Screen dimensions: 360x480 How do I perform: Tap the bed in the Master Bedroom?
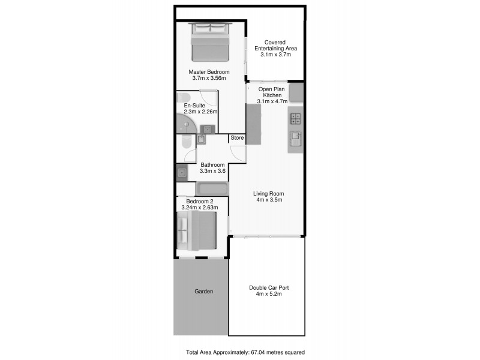tap(211, 41)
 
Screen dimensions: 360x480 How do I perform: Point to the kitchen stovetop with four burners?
tap(296, 118)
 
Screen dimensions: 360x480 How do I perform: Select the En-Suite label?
tap(194, 106)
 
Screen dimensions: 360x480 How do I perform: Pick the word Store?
tap(238, 138)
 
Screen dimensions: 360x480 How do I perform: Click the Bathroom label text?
tap(212, 165)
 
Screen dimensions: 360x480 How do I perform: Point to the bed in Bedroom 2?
tap(196, 231)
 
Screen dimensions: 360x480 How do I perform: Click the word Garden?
tap(203, 292)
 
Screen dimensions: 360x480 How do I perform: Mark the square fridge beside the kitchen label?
tap(296, 93)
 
